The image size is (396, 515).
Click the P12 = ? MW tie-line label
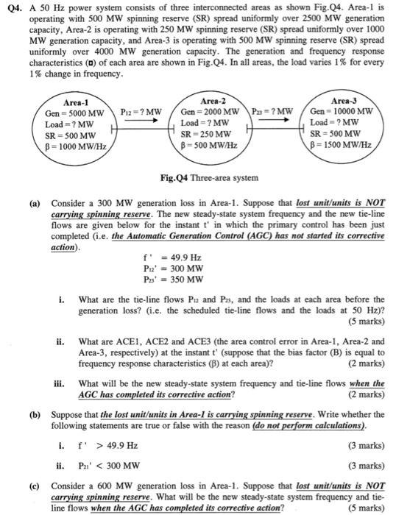coord(141,112)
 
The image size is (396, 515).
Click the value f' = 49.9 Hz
coord(174,258)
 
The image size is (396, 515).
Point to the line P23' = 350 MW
coord(174,280)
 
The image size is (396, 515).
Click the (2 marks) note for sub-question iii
coord(365,394)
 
